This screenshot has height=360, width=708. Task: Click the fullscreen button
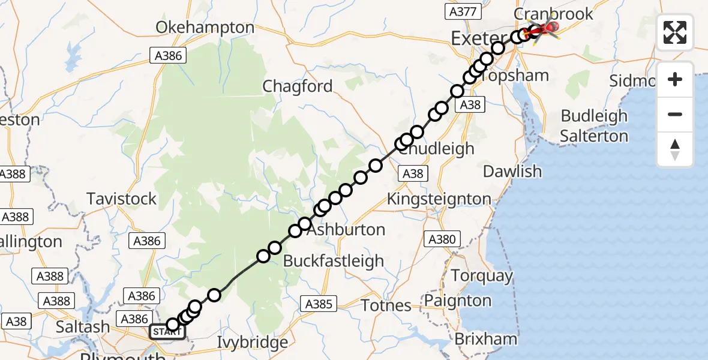(x=675, y=32)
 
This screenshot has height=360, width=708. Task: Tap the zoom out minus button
(x=675, y=114)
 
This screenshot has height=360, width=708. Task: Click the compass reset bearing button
(x=675, y=149)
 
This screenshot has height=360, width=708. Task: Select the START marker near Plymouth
(x=164, y=332)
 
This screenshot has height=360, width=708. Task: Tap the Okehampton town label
(x=205, y=28)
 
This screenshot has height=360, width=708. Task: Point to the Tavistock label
(x=122, y=199)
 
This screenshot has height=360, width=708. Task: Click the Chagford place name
(x=298, y=86)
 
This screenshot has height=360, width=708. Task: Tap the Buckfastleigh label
(x=334, y=261)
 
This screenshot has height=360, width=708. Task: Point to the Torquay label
(x=482, y=276)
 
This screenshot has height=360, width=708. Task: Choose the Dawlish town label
(x=512, y=172)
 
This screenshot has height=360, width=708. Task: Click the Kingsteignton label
(x=439, y=199)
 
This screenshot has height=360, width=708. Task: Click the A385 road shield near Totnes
(x=318, y=304)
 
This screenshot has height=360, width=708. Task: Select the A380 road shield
(x=442, y=239)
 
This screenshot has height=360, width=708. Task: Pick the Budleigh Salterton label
(x=594, y=126)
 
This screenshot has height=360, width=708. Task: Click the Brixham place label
(x=485, y=339)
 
